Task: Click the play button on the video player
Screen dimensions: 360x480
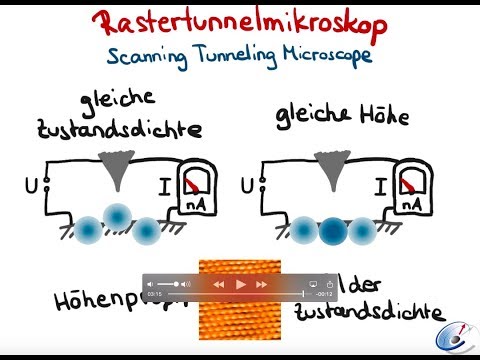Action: click(240, 284)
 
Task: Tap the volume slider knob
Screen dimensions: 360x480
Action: click(177, 284)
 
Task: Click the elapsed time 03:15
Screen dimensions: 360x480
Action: click(155, 295)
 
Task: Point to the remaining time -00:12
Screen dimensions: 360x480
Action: click(323, 295)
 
